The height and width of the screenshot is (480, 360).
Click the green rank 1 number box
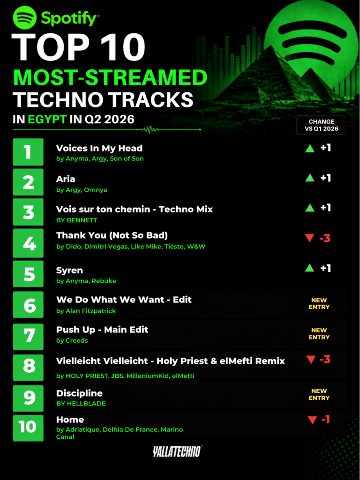tap(28, 152)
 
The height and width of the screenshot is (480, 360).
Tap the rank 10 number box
tap(28, 428)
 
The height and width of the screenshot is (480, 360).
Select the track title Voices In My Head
tap(99, 149)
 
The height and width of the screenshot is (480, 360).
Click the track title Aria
tap(66, 179)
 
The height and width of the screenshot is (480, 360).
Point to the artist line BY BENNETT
tap(77, 220)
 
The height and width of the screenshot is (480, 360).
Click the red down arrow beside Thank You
tap(309, 238)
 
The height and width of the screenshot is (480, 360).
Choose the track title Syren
tap(69, 270)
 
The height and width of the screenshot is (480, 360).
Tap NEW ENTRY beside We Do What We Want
tap(319, 304)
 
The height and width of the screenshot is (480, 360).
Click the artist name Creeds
tap(77, 340)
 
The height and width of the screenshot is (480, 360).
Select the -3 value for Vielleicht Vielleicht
tap(325, 359)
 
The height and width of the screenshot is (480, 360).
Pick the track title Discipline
tap(79, 393)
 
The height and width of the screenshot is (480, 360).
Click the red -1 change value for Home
tap(325, 420)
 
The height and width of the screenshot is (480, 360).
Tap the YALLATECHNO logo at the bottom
tap(178, 451)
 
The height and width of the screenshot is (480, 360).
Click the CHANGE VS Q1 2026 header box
tap(321, 125)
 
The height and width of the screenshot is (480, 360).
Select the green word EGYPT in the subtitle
tap(47, 119)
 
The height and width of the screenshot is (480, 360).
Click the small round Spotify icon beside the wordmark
tap(25, 18)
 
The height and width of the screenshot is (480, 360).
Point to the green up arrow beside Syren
tap(310, 268)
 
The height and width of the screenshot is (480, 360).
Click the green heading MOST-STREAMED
tap(110, 78)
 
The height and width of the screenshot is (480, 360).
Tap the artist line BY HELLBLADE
tap(81, 404)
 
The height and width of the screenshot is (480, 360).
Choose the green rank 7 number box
tap(28, 336)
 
